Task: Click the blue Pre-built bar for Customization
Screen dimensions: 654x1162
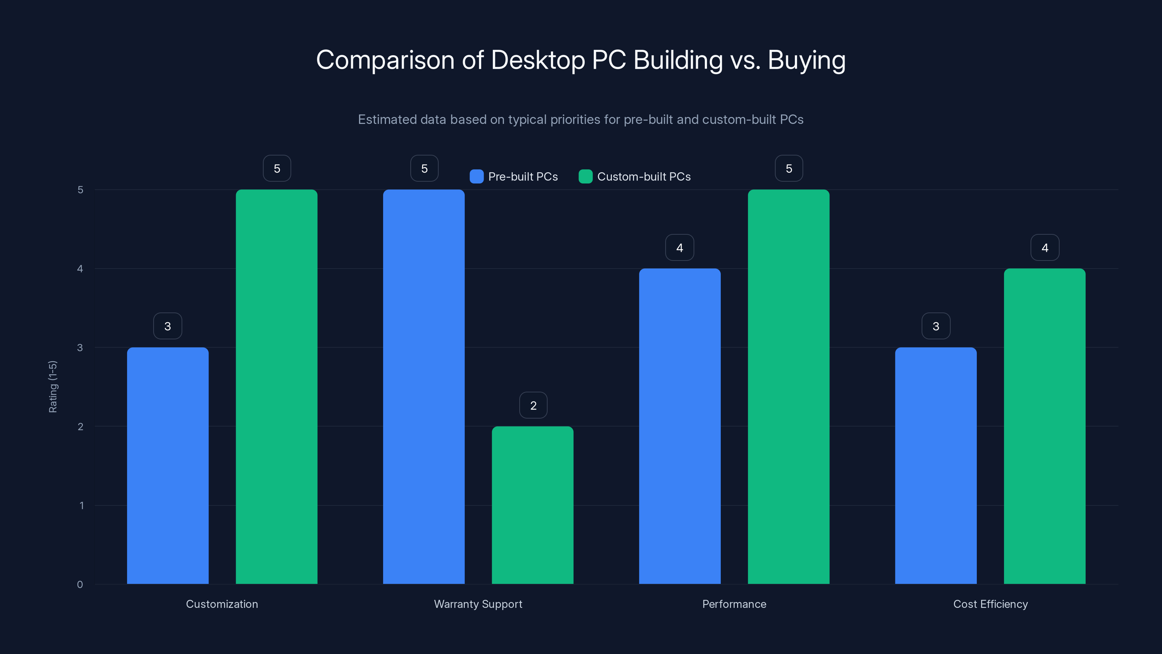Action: (168, 465)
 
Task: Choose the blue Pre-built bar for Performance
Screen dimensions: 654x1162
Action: (680, 426)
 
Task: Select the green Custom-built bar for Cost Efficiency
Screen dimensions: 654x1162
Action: (1044, 426)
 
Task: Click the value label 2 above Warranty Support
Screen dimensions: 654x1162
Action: (533, 405)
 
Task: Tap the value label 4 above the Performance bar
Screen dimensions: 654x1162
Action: (680, 247)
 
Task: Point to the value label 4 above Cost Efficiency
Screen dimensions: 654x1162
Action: (1045, 247)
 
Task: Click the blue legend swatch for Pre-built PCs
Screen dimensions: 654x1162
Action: (476, 177)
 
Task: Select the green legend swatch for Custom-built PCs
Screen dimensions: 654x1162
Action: (585, 177)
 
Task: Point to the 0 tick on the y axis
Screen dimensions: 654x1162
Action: (80, 585)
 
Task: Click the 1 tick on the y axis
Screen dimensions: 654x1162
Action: (81, 505)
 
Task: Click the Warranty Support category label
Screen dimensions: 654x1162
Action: (478, 604)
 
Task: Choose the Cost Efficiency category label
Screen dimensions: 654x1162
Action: (990, 604)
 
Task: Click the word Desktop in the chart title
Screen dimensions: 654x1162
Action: (538, 60)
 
